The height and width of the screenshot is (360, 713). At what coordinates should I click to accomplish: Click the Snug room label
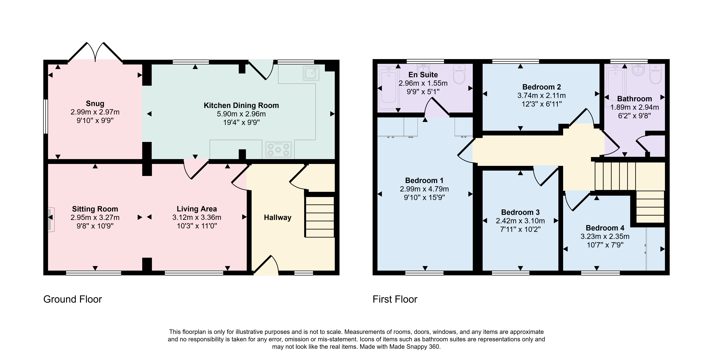click(95, 104)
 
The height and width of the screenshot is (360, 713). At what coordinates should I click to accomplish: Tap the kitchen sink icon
click(311, 73)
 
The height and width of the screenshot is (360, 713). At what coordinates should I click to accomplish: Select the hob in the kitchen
click(278, 149)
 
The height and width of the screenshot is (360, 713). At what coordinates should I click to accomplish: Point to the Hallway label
click(278, 218)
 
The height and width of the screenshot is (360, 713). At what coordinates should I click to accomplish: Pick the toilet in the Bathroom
click(655, 74)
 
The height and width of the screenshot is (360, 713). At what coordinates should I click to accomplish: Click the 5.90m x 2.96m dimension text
click(241, 114)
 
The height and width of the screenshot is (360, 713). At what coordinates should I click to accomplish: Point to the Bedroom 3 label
click(520, 212)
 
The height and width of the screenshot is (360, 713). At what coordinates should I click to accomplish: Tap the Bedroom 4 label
click(605, 228)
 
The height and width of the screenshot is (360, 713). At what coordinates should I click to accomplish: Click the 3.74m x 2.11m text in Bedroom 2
click(542, 96)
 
